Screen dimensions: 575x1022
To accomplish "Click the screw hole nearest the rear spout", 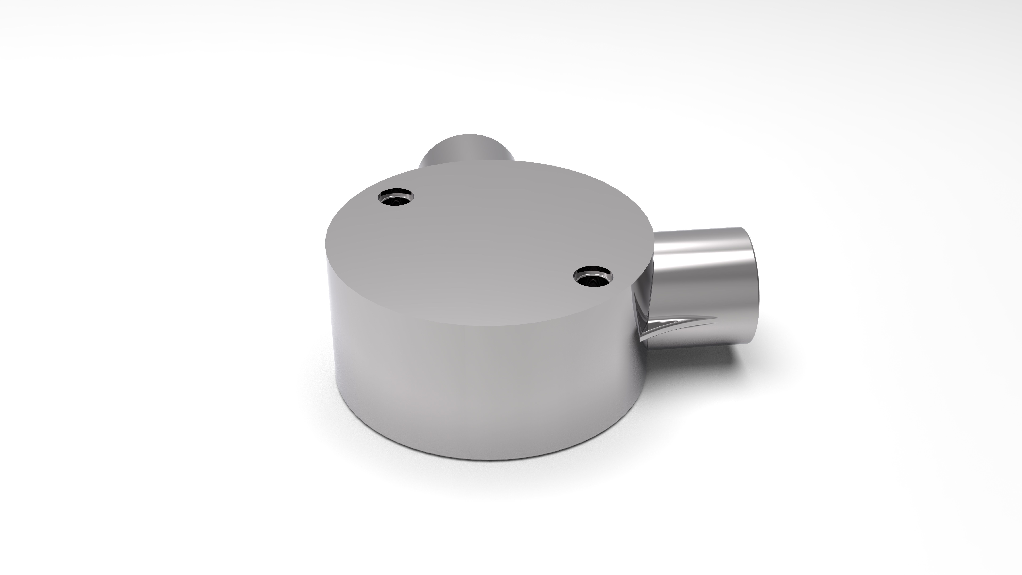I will click(x=395, y=196).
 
